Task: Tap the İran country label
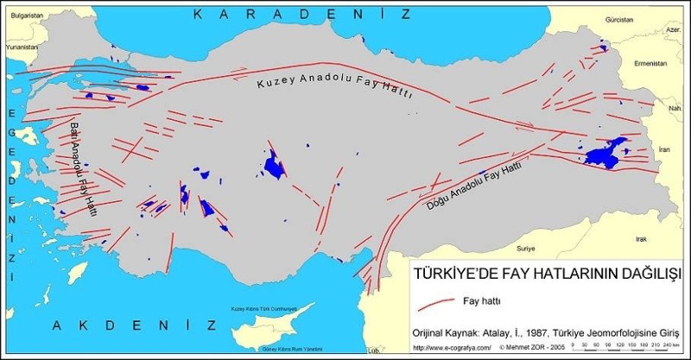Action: click(663, 149)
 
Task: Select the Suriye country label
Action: click(525, 248)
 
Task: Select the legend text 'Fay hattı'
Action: click(488, 301)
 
